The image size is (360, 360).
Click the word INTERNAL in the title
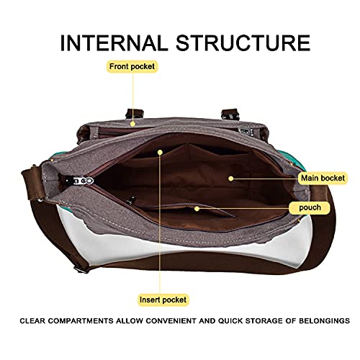[114, 42]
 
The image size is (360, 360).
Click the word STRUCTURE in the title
[243, 42]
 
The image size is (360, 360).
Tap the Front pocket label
[132, 66]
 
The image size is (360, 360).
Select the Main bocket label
[323, 178]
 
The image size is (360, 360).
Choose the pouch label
[310, 207]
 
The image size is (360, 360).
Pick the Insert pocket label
[163, 300]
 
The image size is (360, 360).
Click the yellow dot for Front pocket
[132, 124]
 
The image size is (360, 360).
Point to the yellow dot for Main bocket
[231, 179]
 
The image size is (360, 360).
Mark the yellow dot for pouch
[197, 209]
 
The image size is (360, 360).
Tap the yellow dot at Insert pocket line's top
[161, 152]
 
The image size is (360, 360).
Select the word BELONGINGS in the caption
[324, 321]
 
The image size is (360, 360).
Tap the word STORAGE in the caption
[264, 321]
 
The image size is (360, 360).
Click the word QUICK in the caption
[230, 321]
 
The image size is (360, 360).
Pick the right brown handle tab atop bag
[230, 114]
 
